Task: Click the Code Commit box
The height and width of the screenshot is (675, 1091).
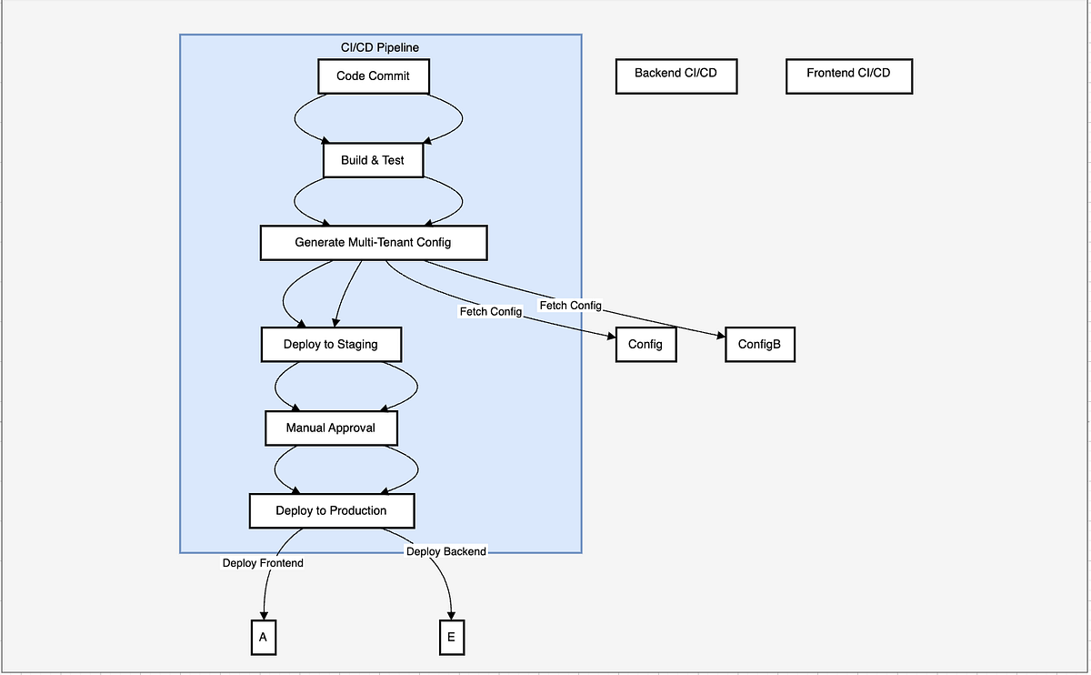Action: (x=373, y=76)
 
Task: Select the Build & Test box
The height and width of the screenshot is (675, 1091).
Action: (x=373, y=160)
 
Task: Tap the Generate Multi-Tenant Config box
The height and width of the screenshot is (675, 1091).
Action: (x=373, y=243)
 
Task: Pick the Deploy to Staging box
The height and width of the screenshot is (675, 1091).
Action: (x=331, y=345)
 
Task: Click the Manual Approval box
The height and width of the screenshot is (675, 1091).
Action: (x=331, y=428)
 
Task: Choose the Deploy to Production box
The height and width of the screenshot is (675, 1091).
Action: (x=331, y=510)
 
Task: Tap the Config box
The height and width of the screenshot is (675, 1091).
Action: (x=646, y=345)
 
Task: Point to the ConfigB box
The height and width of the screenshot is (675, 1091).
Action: (x=759, y=345)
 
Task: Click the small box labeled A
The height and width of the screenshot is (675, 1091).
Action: (x=263, y=637)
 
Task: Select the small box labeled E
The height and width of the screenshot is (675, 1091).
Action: (x=451, y=637)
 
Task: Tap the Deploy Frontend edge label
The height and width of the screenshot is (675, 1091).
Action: (x=263, y=563)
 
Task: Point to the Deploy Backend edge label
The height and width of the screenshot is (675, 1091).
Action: (x=445, y=551)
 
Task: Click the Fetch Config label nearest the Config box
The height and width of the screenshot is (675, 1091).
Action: (x=491, y=312)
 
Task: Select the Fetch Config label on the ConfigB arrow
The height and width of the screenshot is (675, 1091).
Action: (x=570, y=306)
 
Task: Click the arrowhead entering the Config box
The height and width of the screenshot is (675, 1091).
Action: (x=610, y=337)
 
